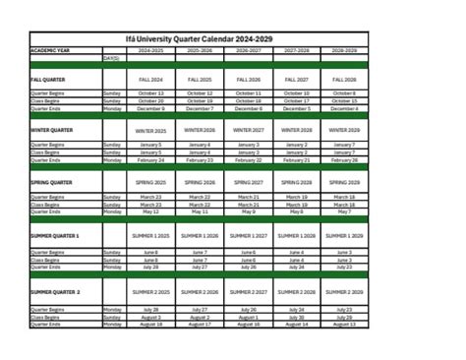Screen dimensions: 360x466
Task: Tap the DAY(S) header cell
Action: coord(111,58)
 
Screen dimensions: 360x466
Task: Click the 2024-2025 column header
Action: coord(150,49)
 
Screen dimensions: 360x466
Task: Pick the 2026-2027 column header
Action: coord(249,49)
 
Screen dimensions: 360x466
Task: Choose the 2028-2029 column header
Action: coord(345,49)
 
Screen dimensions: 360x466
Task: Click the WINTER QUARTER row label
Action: coord(51,130)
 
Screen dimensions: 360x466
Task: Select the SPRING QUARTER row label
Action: coord(51,182)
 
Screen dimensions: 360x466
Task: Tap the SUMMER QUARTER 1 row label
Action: coord(55,237)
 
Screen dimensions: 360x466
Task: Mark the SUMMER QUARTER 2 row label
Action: coord(55,292)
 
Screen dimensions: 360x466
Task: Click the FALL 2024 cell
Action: coord(150,79)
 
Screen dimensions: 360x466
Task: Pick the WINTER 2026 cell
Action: coord(200,130)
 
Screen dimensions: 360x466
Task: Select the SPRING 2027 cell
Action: coord(249,182)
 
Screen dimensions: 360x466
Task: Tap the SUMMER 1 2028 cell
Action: coord(297,237)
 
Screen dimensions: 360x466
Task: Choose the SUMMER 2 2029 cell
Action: coord(345,292)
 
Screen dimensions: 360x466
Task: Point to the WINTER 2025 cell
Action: coord(150,130)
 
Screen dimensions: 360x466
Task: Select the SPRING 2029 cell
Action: coord(345,182)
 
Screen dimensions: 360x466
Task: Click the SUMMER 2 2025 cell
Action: coord(150,292)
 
